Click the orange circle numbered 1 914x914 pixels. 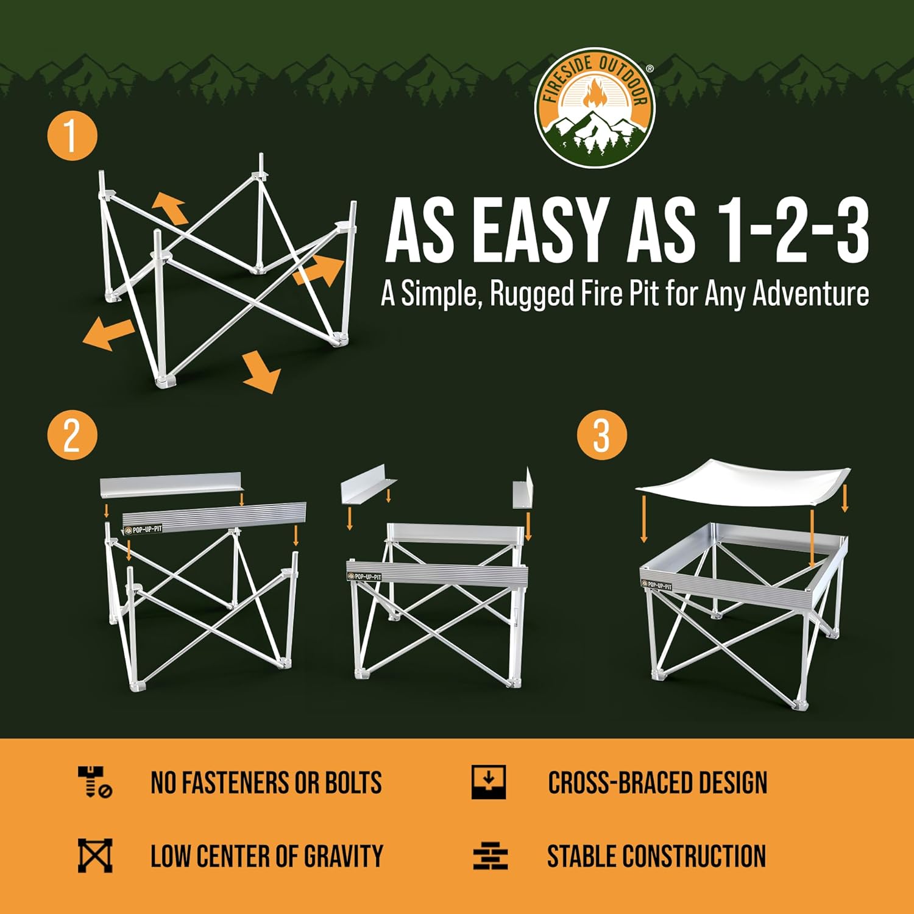pyautogui.click(x=72, y=135)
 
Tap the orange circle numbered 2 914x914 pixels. pyautogui.click(x=72, y=435)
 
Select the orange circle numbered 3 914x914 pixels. pyautogui.click(x=601, y=435)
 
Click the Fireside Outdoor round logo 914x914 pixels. pyautogui.click(x=595, y=108)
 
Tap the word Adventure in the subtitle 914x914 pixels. pyautogui.click(x=810, y=294)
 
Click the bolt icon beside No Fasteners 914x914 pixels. pyautogui.click(x=94, y=782)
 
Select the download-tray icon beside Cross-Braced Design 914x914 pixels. pyautogui.click(x=489, y=782)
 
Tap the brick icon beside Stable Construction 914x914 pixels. pyautogui.click(x=490, y=856)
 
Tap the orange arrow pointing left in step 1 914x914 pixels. pyautogui.click(x=107, y=334)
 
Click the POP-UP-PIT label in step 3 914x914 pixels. pyautogui.click(x=657, y=585)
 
